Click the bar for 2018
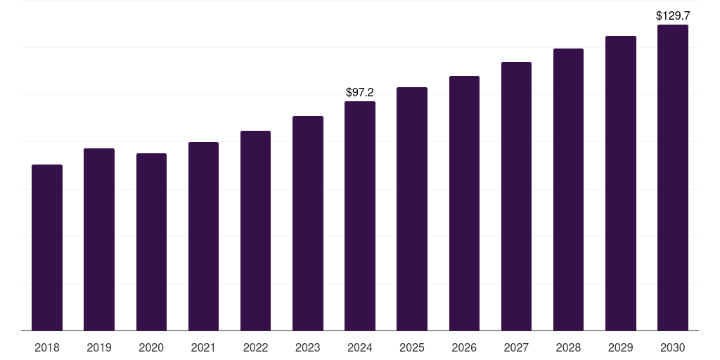pos(47,247)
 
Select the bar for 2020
pos(151,242)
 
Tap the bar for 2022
pos(255,231)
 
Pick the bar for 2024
pos(360,216)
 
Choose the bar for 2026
pos(464,203)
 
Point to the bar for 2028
pos(568,190)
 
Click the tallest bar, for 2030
pos(672,178)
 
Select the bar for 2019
pos(99,239)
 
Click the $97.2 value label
pos(360,92)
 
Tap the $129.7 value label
pos(672,15)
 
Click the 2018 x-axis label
pos(47,347)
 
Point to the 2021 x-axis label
pos(203,347)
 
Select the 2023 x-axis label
pos(308,347)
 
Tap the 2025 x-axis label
pos(412,347)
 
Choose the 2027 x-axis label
pos(516,347)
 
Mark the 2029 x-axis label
pos(620,347)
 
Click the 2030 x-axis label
pos(672,347)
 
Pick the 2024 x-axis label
pos(360,347)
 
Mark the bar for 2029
pos(620,184)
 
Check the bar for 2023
pos(308,223)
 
